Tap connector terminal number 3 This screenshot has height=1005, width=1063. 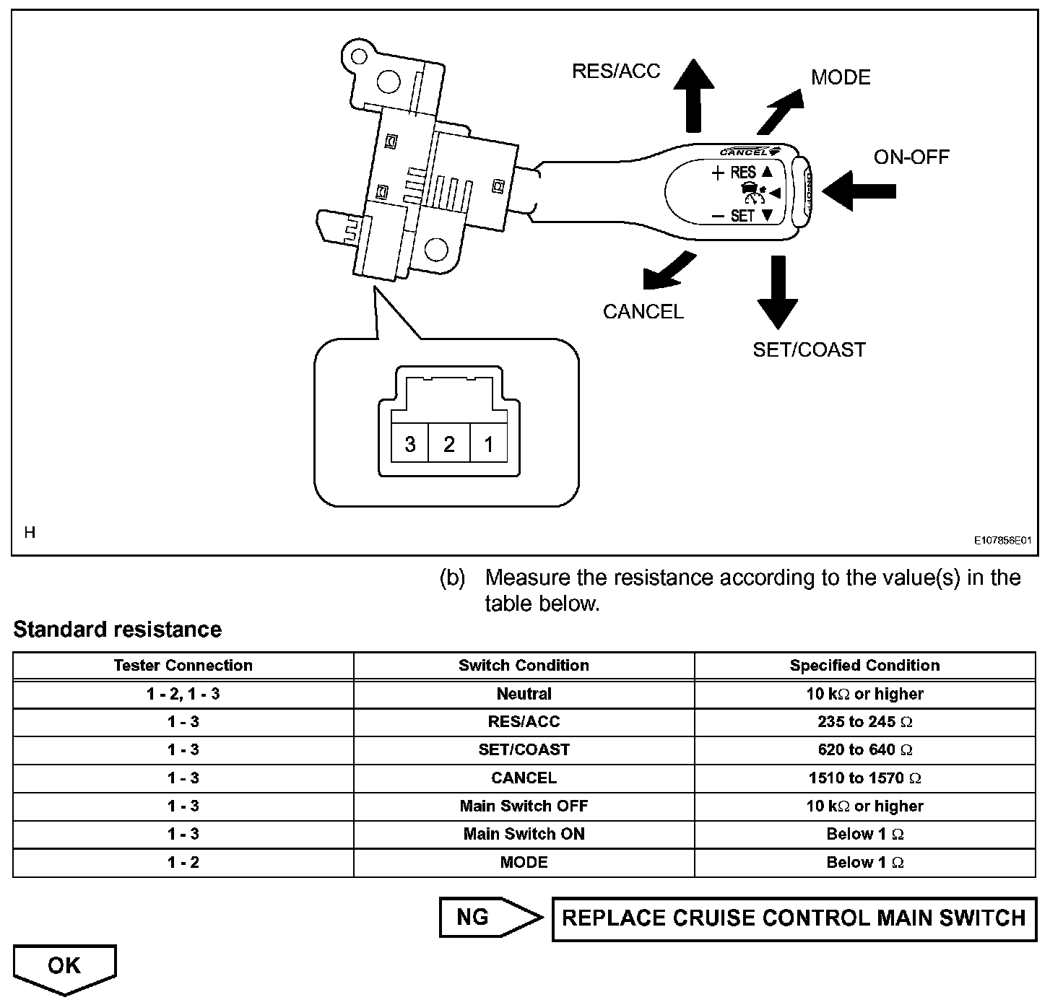(410, 443)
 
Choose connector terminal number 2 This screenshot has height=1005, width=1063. (449, 443)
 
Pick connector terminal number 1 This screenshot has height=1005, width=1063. (489, 443)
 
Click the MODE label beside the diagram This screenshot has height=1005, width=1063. (841, 77)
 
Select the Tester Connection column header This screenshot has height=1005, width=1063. (183, 666)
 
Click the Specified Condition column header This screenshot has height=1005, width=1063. (864, 666)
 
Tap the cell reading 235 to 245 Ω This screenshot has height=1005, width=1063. (864, 722)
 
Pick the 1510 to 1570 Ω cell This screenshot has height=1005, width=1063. (864, 778)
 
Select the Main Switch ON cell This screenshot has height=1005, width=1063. (524, 835)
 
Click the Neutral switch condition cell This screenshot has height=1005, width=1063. (524, 694)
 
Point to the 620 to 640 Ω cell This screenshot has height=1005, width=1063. (864, 750)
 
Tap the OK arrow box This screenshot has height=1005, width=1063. (64, 967)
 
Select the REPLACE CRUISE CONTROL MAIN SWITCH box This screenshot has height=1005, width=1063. (794, 919)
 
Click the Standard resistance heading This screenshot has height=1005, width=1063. (117, 630)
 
